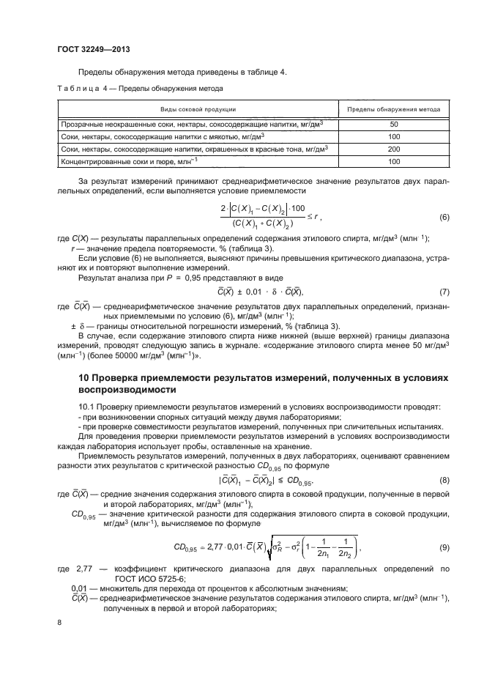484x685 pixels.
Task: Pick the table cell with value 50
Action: tap(393, 125)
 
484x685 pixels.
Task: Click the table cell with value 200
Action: tap(393, 149)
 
